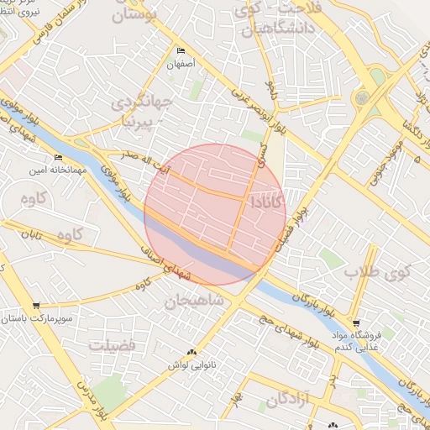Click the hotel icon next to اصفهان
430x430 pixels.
click(181, 51)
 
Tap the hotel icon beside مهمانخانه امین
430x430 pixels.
click(58, 157)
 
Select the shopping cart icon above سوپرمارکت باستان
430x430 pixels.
click(35, 306)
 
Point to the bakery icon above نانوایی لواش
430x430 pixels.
click(192, 352)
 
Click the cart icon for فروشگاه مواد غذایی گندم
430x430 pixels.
click(356, 322)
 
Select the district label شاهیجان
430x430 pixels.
click(193, 300)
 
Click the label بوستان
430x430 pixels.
click(141, 14)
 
